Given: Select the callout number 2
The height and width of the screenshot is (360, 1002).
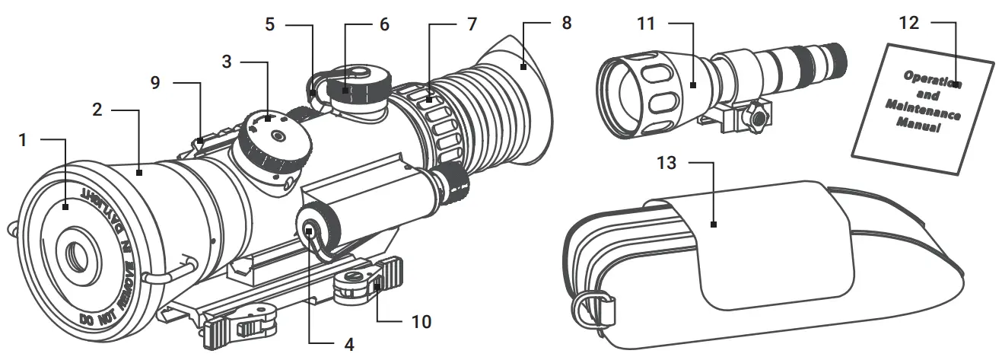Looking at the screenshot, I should [97, 110].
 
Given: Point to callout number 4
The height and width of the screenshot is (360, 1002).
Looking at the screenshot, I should [349, 344].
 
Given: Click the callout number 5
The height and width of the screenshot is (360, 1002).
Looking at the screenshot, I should [270, 24].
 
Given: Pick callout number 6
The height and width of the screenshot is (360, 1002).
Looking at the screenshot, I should [384, 24].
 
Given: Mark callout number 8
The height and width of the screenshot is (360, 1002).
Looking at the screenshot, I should [565, 23].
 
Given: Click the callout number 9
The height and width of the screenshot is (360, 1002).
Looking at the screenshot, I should [156, 82].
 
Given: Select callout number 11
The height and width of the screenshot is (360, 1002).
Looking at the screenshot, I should [646, 24].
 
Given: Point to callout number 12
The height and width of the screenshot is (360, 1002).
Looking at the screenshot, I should [908, 23].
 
